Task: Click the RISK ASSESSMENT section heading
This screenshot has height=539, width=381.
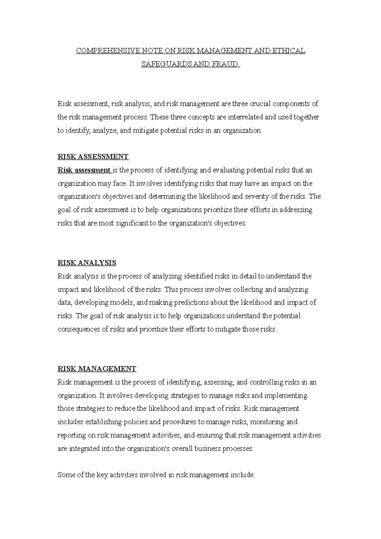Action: (93, 157)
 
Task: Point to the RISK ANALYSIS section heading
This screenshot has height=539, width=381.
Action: (87, 263)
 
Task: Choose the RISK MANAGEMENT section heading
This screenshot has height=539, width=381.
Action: (97, 369)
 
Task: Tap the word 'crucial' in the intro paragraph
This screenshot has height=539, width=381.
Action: (261, 104)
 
